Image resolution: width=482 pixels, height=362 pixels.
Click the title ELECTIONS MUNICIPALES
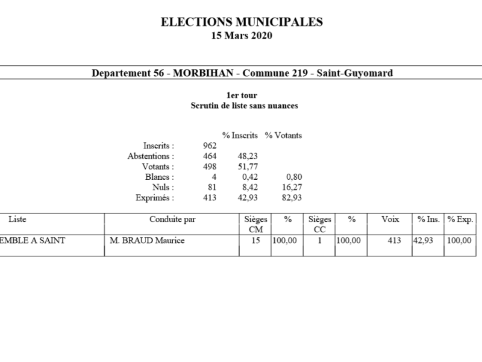pos(242,22)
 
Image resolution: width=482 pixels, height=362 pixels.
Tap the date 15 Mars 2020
pos(242,36)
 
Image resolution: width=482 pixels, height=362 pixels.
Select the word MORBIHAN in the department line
pos(204,73)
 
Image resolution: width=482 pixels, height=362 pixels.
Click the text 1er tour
pos(241,96)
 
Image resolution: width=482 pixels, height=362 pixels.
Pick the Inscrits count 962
pos(210,145)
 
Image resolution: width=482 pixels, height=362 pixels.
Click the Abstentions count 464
pos(210,156)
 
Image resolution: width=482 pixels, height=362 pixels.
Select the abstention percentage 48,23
pos(249,156)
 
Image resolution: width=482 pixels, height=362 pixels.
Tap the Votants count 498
pos(210,167)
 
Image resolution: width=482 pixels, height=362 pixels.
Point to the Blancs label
pos(160,177)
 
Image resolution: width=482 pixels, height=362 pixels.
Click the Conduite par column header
pos(172,220)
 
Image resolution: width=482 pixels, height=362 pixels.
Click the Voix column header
pos(390,220)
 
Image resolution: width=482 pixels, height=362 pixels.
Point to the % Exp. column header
pos(460,220)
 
